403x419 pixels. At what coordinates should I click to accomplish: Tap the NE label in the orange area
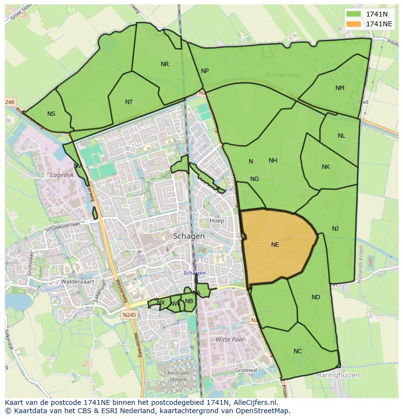[275, 245]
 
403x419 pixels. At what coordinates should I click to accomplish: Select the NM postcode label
[340, 88]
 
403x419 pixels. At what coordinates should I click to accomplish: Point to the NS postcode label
[51, 114]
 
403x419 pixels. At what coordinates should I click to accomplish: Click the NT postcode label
[128, 102]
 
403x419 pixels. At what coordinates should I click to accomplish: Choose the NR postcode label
[165, 64]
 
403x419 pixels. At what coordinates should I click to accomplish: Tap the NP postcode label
[205, 71]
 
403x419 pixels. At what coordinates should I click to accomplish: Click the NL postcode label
[341, 136]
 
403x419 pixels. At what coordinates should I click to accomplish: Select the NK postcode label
[326, 167]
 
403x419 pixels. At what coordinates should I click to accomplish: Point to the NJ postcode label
[335, 229]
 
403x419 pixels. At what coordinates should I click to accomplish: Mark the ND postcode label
[316, 297]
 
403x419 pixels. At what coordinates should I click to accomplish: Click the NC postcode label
[297, 351]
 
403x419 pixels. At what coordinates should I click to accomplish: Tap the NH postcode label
[273, 161]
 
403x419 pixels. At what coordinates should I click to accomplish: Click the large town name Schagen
[189, 236]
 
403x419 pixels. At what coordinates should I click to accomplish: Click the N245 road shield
[130, 315]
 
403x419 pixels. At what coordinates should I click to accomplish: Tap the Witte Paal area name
[230, 339]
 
